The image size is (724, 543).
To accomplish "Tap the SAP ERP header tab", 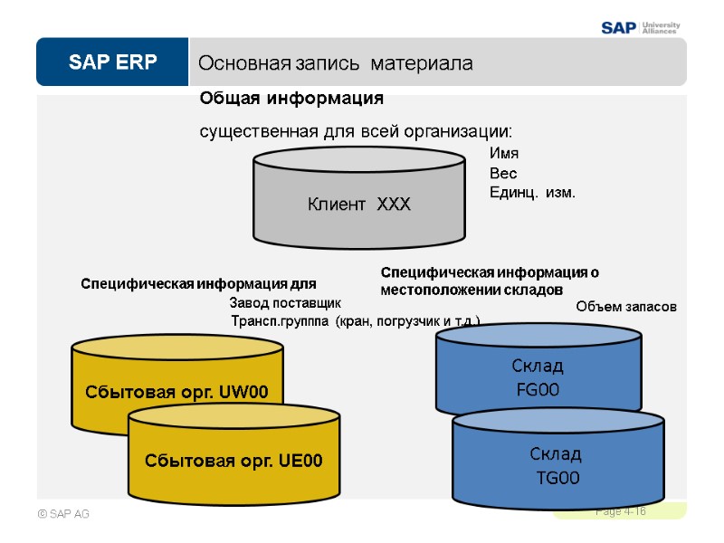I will point(111,62).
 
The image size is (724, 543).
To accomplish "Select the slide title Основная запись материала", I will point(335,64).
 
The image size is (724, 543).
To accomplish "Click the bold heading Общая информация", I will point(291,98).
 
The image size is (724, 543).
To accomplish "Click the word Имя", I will point(503,154).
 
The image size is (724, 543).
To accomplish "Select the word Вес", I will point(502,173).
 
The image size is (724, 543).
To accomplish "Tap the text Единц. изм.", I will point(532,193).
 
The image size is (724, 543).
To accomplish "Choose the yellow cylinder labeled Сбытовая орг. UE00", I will point(233,461).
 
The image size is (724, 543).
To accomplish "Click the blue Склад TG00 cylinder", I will point(557,465).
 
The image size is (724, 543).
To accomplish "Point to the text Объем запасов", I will point(626,307).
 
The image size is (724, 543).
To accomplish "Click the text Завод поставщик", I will point(285,302).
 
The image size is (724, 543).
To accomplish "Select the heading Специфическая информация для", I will point(199,283).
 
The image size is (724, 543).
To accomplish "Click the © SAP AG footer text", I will point(62,514).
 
